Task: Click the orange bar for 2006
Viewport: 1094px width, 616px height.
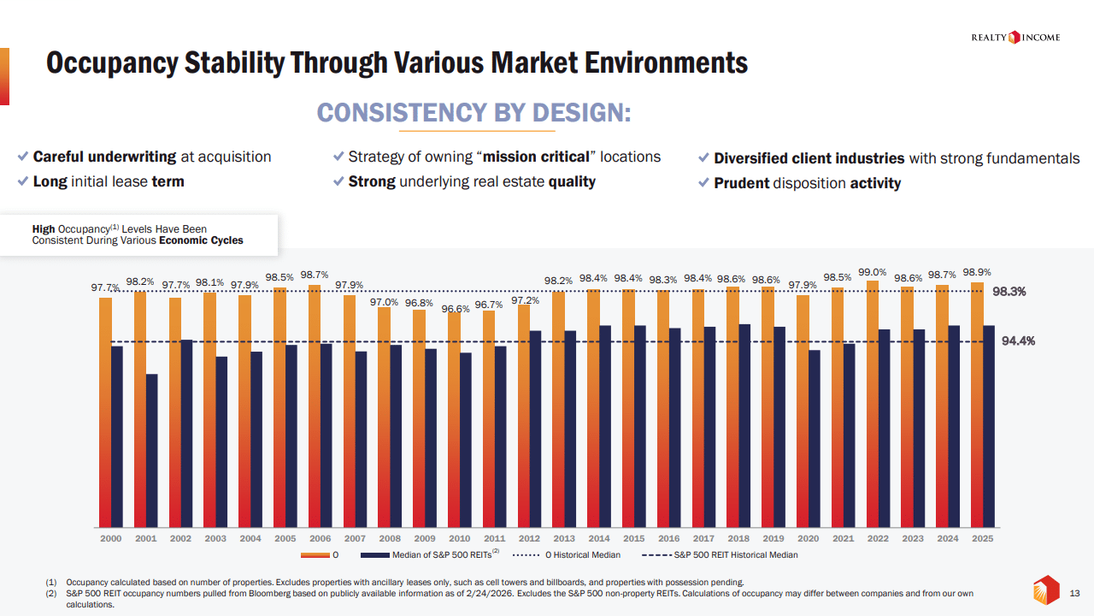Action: (x=315, y=406)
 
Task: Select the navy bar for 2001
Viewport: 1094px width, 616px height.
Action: (x=151, y=450)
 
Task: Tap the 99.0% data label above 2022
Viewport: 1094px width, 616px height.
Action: (x=873, y=273)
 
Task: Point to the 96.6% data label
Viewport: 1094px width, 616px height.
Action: (x=456, y=309)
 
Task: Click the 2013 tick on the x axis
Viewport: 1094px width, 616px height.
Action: (x=564, y=539)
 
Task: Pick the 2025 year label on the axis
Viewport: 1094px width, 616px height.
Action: (x=983, y=539)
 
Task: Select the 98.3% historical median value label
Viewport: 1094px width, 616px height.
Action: (x=1009, y=292)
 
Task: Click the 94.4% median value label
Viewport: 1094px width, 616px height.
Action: (x=1019, y=341)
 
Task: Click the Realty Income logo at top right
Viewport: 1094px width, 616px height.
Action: (x=1015, y=37)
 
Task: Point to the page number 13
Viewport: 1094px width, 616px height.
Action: (x=1075, y=593)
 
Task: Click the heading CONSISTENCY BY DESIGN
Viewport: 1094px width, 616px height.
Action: (x=473, y=113)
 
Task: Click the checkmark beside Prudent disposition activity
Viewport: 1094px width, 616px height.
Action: (x=703, y=183)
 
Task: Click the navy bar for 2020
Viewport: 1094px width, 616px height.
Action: (x=814, y=438)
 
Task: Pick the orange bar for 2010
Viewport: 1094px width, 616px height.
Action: (x=454, y=419)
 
